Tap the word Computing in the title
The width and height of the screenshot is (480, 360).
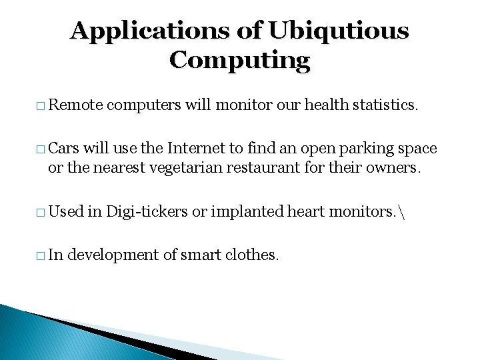[x=239, y=61]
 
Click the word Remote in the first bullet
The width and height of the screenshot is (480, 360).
[x=75, y=105]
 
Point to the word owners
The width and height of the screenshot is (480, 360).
[x=395, y=167]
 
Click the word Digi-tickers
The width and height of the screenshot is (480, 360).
[x=149, y=211]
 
